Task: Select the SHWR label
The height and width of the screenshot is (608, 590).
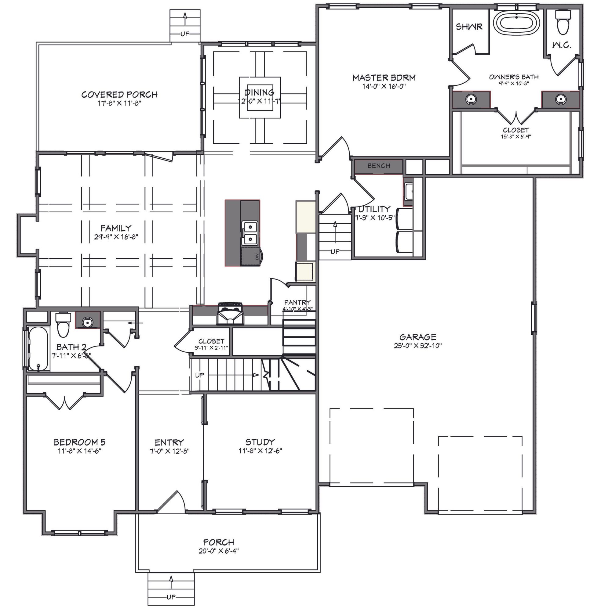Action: (x=469, y=27)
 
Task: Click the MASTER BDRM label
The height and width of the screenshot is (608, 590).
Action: (x=384, y=77)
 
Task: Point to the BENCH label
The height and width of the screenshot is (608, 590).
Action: (x=379, y=166)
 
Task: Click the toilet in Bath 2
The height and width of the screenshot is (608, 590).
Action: (x=63, y=325)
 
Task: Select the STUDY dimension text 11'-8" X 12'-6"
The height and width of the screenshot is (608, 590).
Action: (x=260, y=450)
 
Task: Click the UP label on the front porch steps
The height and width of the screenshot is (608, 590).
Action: (x=171, y=597)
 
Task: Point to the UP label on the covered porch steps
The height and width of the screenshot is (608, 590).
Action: (x=185, y=34)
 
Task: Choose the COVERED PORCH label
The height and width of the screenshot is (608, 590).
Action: (x=119, y=95)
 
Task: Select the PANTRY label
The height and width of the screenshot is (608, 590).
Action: (x=297, y=302)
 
